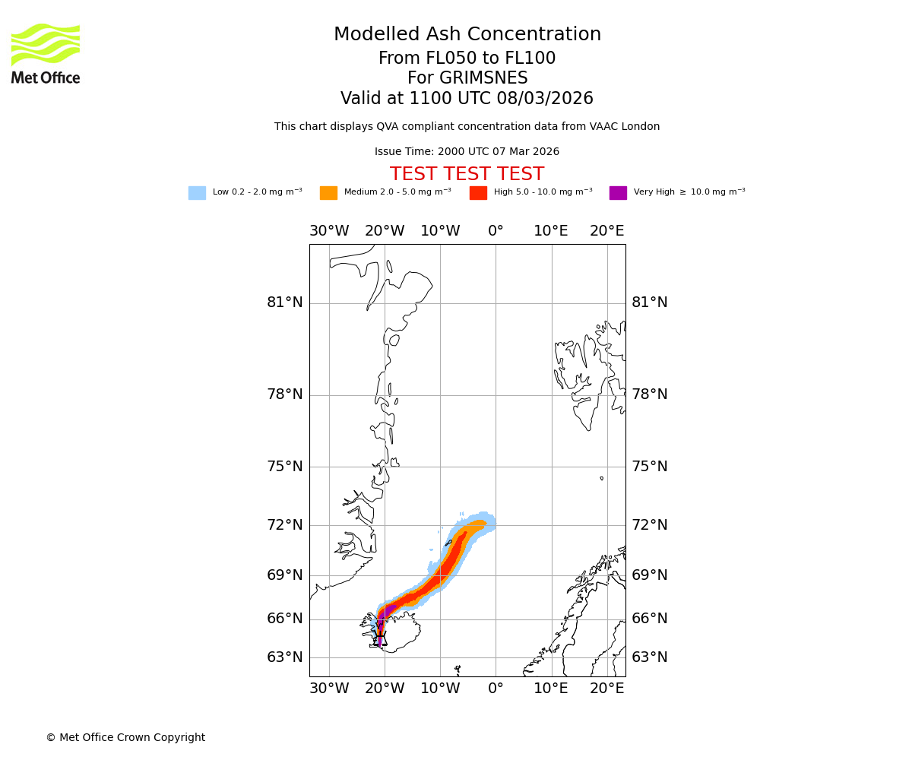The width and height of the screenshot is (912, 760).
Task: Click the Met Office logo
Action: click(46, 53)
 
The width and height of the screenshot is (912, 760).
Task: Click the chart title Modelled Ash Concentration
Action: click(467, 35)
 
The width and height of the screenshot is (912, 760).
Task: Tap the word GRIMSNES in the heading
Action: click(467, 78)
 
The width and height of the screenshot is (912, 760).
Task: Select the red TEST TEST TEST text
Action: click(467, 175)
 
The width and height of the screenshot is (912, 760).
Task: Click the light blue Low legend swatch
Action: click(197, 193)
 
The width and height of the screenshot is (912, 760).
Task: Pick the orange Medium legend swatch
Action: click(328, 193)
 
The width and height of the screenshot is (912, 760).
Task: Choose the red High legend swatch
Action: click(478, 193)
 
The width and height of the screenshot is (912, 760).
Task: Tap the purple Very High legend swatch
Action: click(618, 193)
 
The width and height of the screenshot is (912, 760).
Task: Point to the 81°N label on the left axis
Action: click(284, 302)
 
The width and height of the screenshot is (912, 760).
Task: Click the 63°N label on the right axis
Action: click(649, 657)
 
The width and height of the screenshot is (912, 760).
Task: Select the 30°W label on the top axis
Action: click(329, 231)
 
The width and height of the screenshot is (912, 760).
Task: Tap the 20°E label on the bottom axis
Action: click(606, 689)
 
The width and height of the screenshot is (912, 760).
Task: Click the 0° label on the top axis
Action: click(496, 231)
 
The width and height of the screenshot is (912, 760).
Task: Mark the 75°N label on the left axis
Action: click(284, 467)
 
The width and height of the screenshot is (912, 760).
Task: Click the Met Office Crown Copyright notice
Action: click(125, 738)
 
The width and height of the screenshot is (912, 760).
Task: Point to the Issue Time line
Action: click(467, 152)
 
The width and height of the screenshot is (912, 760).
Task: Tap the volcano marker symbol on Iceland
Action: click(380, 638)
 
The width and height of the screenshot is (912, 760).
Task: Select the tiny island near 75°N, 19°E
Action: click(601, 478)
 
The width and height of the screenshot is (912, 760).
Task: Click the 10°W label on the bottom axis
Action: click(440, 689)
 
